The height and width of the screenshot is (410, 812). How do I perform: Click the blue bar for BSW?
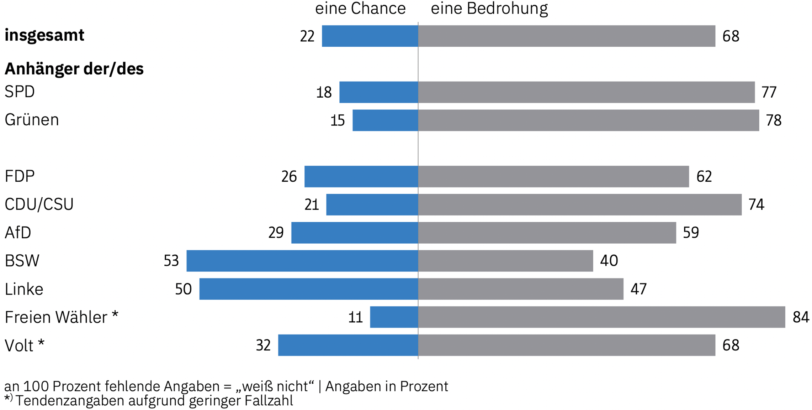[x=302, y=261]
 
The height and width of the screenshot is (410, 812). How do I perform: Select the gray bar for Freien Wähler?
[x=601, y=317]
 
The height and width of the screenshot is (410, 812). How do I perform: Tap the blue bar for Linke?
[x=309, y=289]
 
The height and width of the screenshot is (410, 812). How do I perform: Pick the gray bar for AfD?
[x=547, y=233]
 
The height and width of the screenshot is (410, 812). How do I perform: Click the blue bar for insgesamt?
[x=370, y=36]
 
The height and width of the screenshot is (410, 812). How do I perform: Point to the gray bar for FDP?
[x=553, y=176]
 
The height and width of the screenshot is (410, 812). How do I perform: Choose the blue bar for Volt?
[x=348, y=345]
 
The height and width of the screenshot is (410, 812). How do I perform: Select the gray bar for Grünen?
[x=589, y=120]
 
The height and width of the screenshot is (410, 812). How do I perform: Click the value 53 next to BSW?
[x=171, y=261]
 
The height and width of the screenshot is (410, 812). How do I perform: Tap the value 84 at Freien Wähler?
[x=801, y=317]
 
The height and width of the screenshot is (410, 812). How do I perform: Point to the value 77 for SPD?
[x=769, y=92]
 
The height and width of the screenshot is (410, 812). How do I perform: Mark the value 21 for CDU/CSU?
[x=312, y=204]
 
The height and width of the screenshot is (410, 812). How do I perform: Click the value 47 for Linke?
[x=638, y=289]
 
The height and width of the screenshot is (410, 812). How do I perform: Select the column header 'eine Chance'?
[x=360, y=9]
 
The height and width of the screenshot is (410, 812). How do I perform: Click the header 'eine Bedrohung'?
[x=489, y=9]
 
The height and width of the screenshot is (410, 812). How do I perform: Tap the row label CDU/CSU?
[x=39, y=204]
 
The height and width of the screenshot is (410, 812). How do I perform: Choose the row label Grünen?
[x=32, y=120]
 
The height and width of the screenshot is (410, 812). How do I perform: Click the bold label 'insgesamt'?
[x=44, y=35]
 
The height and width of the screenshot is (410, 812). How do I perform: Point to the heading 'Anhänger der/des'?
[x=74, y=69]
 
